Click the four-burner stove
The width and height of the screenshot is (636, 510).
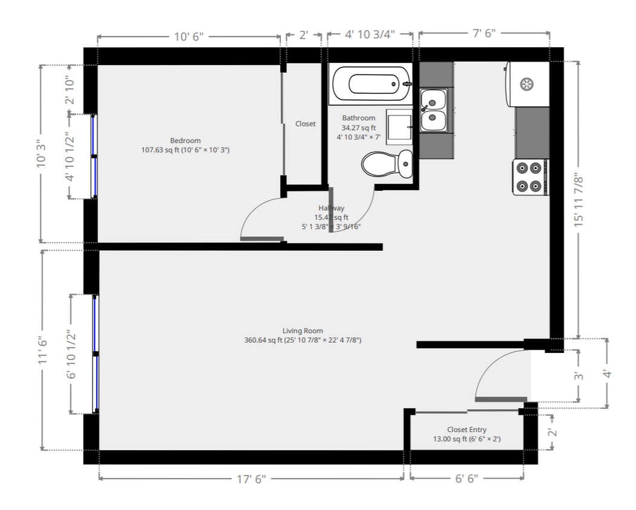(x=529, y=176)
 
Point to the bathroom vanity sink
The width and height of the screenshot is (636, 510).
(x=399, y=127)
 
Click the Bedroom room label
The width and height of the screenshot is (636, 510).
(x=185, y=141)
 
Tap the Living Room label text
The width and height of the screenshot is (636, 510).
(x=303, y=331)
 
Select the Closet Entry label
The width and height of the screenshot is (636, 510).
(x=467, y=430)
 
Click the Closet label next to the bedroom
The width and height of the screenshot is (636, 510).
(x=305, y=124)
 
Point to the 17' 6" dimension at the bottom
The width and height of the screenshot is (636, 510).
(x=251, y=479)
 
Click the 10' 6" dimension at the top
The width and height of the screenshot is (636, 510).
(x=189, y=36)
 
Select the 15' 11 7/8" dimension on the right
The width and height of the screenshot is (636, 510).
(x=579, y=199)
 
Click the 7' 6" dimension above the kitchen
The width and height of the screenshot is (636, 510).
(x=484, y=33)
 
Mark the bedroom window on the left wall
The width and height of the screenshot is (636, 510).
(x=94, y=156)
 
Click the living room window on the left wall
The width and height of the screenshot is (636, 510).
(x=95, y=353)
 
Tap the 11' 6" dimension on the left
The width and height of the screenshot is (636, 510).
(x=43, y=350)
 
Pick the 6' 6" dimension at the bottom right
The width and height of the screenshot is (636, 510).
(x=466, y=479)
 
